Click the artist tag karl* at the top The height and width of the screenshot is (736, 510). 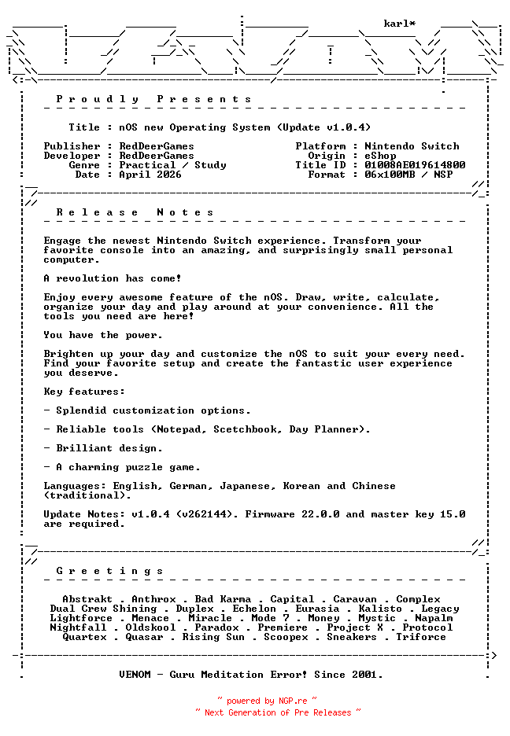[399, 24]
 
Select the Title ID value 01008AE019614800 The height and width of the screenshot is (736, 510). [415, 165]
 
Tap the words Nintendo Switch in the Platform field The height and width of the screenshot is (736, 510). [412, 146]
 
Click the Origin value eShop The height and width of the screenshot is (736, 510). [380, 156]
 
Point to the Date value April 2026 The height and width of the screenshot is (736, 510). [150, 175]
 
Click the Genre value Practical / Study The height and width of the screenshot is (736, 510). [172, 165]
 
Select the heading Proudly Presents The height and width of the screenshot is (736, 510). [153, 99]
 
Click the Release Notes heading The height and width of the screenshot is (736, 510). [135, 212]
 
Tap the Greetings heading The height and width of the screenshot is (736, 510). [109, 571]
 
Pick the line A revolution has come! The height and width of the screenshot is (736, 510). [113, 278]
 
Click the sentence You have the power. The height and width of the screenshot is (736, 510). [103, 335]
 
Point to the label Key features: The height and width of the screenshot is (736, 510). [84, 392]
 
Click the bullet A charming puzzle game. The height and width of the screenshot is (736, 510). [128, 467]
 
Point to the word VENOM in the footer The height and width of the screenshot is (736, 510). [135, 675]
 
